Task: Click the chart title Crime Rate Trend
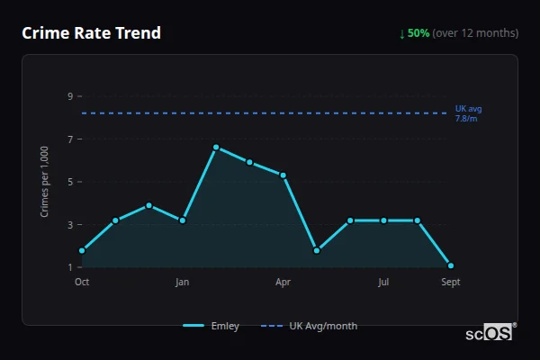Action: click(x=91, y=33)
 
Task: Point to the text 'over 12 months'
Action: click(x=476, y=33)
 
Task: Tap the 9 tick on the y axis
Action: click(x=68, y=95)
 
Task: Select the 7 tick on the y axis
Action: click(x=68, y=139)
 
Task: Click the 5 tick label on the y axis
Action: click(x=68, y=181)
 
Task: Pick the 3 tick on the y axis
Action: click(x=68, y=224)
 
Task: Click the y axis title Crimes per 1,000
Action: click(x=45, y=181)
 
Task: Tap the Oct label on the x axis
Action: click(x=82, y=283)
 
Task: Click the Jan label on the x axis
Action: click(x=182, y=283)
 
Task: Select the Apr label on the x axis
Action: click(x=283, y=283)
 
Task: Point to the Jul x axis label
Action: click(x=383, y=283)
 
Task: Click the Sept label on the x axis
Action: click(x=450, y=283)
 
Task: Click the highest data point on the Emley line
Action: click(x=216, y=147)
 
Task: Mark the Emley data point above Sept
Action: click(x=451, y=265)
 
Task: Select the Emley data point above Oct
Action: click(x=82, y=250)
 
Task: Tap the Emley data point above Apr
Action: click(x=283, y=175)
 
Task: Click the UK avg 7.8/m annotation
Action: click(x=468, y=112)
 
